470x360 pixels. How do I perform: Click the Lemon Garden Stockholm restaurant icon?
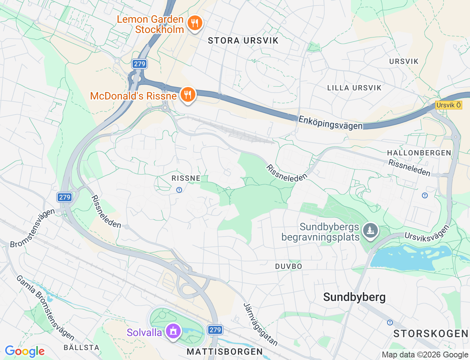click(195, 23)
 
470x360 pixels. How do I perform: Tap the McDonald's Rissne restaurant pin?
click(188, 95)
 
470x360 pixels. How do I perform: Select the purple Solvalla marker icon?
click(173, 331)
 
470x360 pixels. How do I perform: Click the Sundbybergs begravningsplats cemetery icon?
click(370, 231)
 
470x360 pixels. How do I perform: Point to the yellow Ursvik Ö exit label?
click(448, 105)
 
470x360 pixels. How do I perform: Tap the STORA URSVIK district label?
click(243, 41)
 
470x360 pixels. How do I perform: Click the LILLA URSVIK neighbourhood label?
click(354, 88)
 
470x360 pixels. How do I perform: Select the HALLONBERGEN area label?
click(419, 153)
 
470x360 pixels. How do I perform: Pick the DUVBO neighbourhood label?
click(289, 266)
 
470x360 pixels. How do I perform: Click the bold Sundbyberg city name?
click(354, 297)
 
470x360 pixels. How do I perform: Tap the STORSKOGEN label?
click(431, 334)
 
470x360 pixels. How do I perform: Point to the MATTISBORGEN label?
click(225, 352)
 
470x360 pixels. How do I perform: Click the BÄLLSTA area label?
click(82, 348)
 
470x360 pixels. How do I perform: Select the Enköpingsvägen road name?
click(330, 123)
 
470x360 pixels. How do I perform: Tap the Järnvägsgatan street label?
click(260, 324)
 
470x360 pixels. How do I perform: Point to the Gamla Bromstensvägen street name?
click(45, 307)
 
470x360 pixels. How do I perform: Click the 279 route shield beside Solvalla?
click(215, 330)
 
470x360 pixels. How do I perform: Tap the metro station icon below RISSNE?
click(179, 190)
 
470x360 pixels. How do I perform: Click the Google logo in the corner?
click(25, 351)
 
